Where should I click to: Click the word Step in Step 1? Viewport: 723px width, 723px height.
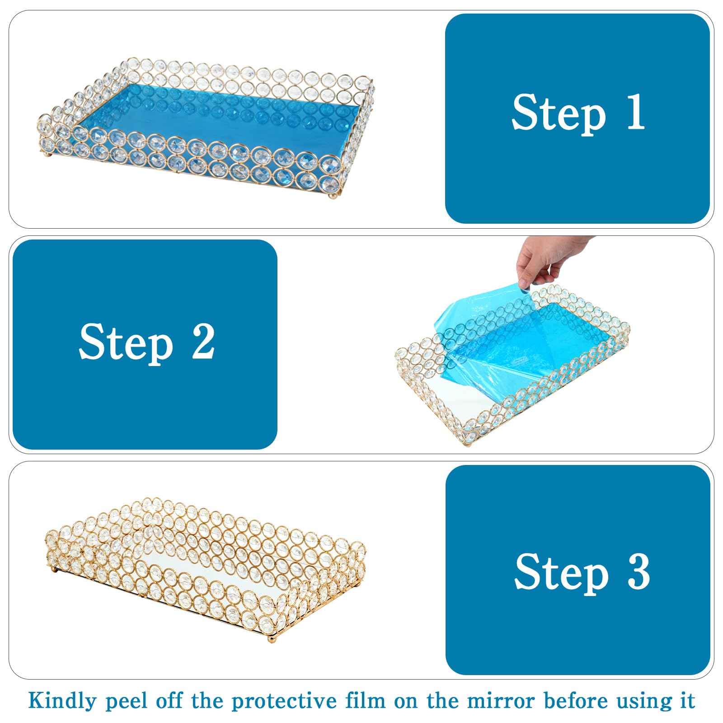click(559, 113)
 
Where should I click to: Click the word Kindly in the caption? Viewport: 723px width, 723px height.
click(63, 701)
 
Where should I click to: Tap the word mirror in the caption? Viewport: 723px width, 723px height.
click(501, 701)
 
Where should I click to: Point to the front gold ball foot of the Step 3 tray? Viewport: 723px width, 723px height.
click(271, 638)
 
